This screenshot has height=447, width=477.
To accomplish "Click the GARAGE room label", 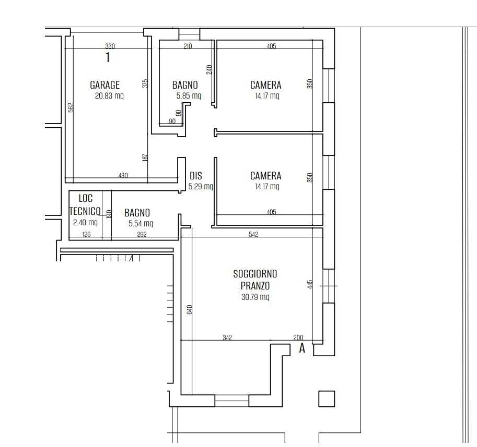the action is click(x=104, y=84).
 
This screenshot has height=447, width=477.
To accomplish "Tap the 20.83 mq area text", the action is click(x=109, y=96).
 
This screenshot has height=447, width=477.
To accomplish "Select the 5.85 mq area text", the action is click(x=189, y=96).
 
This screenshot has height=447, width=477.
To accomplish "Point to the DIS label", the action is click(x=195, y=176).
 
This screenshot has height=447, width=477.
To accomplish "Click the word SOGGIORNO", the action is click(x=255, y=274).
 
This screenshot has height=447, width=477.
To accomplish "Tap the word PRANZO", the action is click(x=255, y=286).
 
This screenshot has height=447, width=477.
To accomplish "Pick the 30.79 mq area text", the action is click(x=255, y=297).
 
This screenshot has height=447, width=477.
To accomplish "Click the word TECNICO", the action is click(x=85, y=211).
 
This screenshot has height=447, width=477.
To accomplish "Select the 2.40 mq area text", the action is click(x=85, y=222).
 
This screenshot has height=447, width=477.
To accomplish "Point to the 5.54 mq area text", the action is click(x=141, y=223).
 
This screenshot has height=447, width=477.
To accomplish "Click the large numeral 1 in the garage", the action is click(x=108, y=57).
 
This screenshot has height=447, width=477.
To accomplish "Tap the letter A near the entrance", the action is click(x=302, y=348).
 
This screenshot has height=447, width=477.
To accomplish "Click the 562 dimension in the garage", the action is click(x=71, y=108).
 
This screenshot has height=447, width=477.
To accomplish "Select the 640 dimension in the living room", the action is click(x=189, y=309).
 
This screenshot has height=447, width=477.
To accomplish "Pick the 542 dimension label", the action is click(x=253, y=234).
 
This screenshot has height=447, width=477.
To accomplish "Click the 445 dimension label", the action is click(x=310, y=284).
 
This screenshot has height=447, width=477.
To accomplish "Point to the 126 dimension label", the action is click(x=86, y=234).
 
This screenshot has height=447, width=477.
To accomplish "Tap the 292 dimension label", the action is click(x=142, y=234).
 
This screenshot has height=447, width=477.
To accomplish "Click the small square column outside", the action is click(x=327, y=398).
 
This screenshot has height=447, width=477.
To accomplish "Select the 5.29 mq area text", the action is click(x=201, y=186).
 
